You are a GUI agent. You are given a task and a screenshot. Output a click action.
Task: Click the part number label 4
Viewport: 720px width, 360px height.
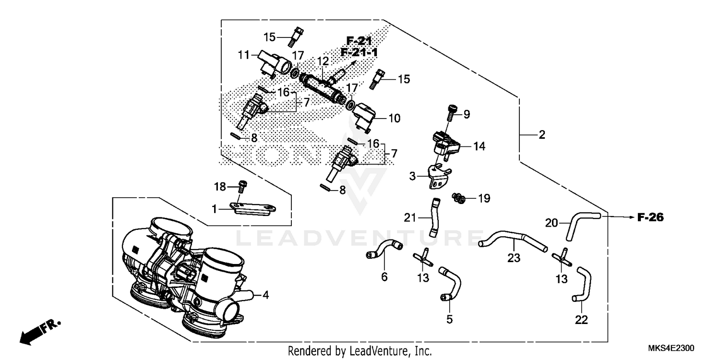coord(265,295)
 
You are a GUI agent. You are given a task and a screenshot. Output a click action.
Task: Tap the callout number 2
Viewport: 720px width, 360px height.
coord(541,135)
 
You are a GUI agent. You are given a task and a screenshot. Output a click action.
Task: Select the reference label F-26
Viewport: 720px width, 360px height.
coord(650,217)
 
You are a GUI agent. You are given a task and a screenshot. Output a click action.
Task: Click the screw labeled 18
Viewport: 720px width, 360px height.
coord(242,185)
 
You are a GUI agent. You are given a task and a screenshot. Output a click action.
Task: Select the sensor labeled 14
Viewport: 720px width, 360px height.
coord(445,142)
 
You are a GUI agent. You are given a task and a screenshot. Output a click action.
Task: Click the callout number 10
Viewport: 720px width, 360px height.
coord(394,118)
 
